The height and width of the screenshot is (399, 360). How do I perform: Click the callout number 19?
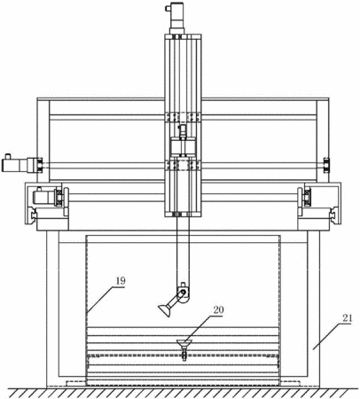tap(121, 281)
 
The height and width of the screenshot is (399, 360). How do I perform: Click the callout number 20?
tap(219, 310)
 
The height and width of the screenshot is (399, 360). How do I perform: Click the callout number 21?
tap(348, 318)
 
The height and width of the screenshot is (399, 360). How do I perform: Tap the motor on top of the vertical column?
tap(176, 18)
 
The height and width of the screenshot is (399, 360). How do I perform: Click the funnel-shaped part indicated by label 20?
tap(184, 343)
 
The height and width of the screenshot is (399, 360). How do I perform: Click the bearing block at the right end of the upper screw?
tap(326, 165)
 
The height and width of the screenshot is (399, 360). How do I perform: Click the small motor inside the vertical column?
tap(183, 130)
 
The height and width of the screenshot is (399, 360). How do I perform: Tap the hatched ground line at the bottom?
tap(180, 393)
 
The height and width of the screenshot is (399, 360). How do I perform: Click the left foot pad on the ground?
tap(76, 383)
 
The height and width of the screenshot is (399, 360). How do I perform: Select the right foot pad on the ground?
tap(291, 383)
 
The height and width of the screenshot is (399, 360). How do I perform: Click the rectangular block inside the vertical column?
tap(183, 146)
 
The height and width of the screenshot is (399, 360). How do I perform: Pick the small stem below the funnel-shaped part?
tap(184, 354)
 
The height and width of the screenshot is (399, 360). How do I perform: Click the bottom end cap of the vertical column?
tap(183, 214)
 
